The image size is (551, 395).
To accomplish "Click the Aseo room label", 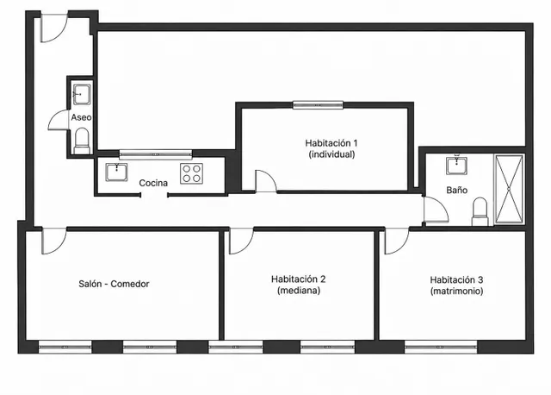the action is click(81, 117).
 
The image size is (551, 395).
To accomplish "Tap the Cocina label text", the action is click(153, 183).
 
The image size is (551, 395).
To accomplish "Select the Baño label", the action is click(457, 190).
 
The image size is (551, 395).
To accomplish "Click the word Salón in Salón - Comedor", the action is click(90, 284).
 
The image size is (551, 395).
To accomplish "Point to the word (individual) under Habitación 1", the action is click(331, 154).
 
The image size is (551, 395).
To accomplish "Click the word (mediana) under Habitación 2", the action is click(299, 291).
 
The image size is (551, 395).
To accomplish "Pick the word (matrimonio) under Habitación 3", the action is click(457, 292).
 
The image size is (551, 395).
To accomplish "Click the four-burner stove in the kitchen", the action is click(191, 173).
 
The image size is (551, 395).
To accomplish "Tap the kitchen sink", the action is click(117, 172).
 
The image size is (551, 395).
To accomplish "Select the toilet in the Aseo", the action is click(83, 141).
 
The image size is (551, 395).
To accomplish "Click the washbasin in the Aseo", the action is click(82, 94).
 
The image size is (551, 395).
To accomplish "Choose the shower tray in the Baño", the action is click(509, 190).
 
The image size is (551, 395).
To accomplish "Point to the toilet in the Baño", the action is click(480, 211).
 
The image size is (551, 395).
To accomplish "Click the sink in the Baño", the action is click(457, 166).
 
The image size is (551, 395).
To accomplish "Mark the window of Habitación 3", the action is click(441, 347).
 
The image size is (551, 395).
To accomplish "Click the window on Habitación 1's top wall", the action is click(318, 105).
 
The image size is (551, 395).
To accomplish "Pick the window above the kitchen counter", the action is click(156, 154).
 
